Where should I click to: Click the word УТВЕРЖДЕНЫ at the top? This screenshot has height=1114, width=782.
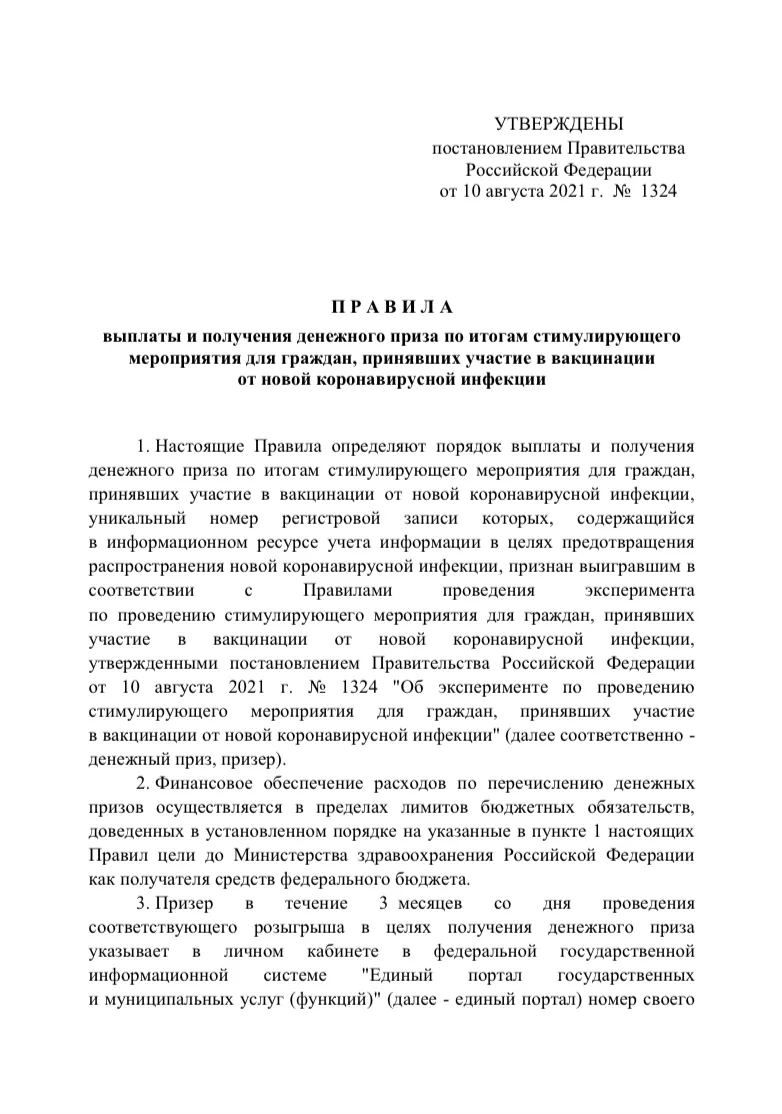[558, 124]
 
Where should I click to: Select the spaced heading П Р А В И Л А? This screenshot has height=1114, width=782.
[392, 306]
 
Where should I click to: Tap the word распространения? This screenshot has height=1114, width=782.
[154, 567]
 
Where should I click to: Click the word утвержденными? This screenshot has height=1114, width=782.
[154, 664]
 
